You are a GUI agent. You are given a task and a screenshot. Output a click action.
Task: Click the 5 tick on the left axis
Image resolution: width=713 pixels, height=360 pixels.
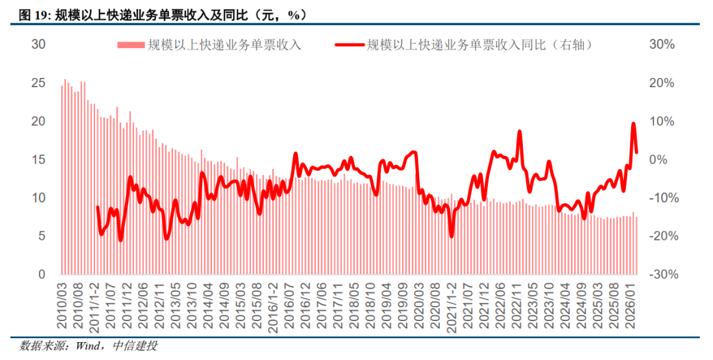click(42, 236)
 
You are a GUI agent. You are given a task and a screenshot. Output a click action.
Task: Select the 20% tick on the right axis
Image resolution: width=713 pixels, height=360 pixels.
click(662, 83)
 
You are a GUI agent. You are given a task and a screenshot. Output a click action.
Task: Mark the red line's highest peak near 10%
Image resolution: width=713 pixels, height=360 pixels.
click(634, 124)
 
